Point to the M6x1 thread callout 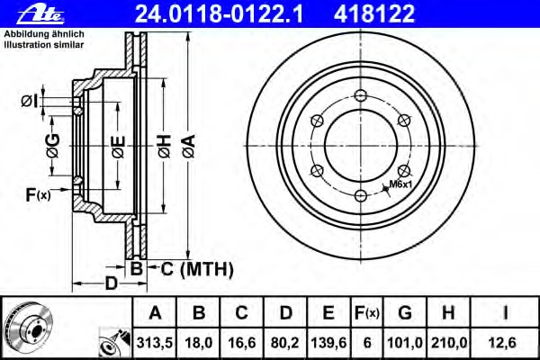click(400, 184)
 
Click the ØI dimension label click(30, 99)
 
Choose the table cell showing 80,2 click(285, 341)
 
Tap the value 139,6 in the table click(328, 341)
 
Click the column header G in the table click(405, 313)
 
